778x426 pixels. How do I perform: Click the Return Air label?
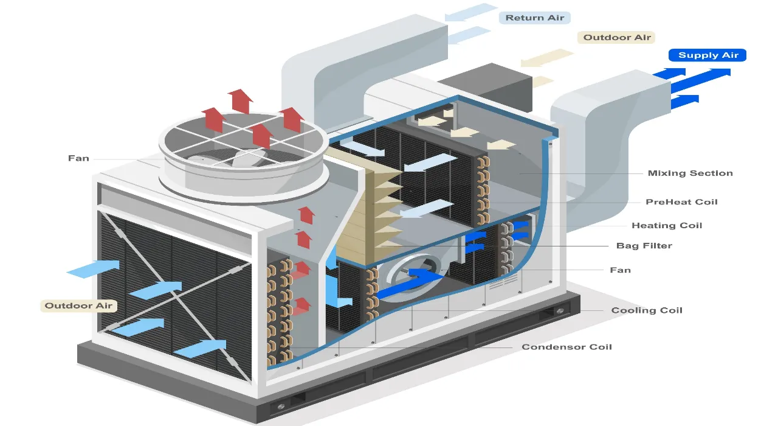(534, 18)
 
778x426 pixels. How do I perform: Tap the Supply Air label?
(707, 55)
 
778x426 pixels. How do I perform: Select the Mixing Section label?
(690, 173)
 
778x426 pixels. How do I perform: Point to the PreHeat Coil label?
(681, 201)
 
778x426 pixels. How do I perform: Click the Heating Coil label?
(667, 225)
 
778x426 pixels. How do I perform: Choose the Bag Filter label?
(644, 246)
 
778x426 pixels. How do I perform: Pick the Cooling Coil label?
(647, 310)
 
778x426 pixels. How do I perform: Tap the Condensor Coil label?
(566, 347)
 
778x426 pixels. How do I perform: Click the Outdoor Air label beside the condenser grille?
(78, 306)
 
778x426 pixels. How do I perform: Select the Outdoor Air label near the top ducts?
(617, 38)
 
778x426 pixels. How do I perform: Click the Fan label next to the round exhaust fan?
(78, 158)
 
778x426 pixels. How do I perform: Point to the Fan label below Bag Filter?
(620, 270)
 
